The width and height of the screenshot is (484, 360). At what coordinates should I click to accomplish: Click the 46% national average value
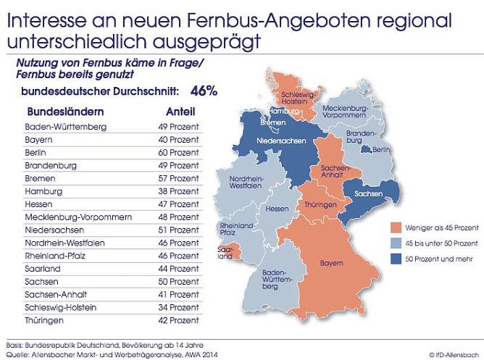pyautogui.click(x=204, y=92)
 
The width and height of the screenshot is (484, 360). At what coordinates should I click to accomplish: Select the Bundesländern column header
pyautogui.click(x=65, y=112)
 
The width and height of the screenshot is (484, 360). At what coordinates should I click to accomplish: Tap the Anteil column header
pyautogui.click(x=181, y=112)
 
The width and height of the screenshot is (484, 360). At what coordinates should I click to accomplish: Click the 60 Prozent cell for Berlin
pyautogui.click(x=179, y=153)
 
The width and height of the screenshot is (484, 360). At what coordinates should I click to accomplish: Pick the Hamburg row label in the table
pyautogui.click(x=45, y=191)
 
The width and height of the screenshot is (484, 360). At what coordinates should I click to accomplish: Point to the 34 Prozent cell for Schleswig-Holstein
pyautogui.click(x=179, y=307)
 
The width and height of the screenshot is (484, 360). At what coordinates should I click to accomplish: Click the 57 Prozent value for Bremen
pyautogui.click(x=179, y=178)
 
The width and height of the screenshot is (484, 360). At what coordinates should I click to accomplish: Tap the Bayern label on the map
pyautogui.click(x=331, y=263)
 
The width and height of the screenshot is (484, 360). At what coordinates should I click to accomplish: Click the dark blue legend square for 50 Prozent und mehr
pyautogui.click(x=395, y=258)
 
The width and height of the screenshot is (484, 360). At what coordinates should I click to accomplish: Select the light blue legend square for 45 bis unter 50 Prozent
pyautogui.click(x=395, y=242)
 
